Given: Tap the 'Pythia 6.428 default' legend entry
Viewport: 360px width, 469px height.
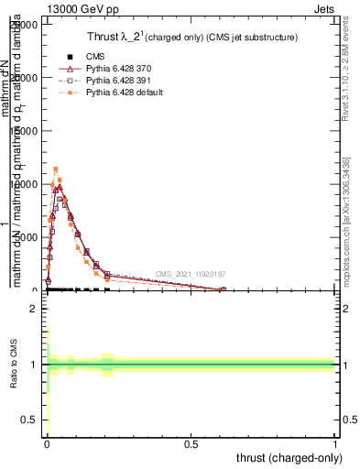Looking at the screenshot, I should pos(124,93).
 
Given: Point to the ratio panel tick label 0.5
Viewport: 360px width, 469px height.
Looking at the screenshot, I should pos(31,420).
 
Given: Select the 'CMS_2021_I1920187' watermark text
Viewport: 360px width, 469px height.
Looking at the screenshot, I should pos(190,274).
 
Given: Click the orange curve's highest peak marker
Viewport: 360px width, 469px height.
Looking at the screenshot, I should pos(56,169).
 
